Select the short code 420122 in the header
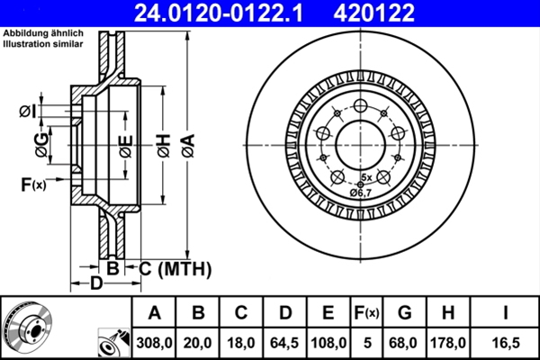point(401,12)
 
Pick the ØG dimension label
point(41,140)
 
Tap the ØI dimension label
point(28,111)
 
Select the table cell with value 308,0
point(155,342)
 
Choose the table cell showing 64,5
point(285,342)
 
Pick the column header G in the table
point(405,313)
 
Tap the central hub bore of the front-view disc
point(359,141)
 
